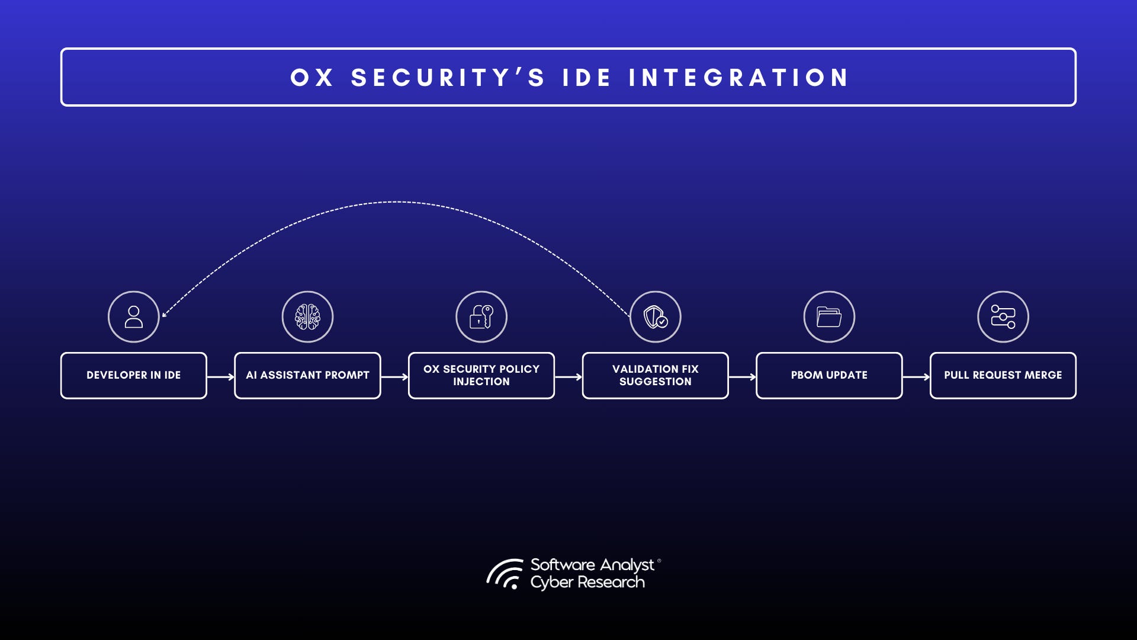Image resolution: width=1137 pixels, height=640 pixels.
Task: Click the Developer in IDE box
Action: click(x=133, y=376)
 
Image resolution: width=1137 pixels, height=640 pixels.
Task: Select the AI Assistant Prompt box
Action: click(x=307, y=376)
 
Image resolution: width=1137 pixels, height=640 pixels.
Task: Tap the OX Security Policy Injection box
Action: click(x=481, y=376)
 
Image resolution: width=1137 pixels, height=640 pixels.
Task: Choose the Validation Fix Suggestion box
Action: click(x=655, y=376)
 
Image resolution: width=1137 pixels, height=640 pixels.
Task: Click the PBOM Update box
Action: click(x=828, y=376)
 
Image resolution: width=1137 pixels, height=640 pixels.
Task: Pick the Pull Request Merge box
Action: click(x=1003, y=376)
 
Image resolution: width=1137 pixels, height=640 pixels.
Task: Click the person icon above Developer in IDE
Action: click(x=134, y=317)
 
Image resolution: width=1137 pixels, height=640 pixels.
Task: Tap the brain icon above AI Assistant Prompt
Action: click(x=307, y=317)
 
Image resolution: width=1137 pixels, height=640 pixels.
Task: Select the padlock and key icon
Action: click(x=481, y=317)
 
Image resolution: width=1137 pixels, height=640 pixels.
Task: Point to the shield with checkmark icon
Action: click(x=656, y=317)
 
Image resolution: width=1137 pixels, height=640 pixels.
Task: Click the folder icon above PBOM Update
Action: click(x=829, y=317)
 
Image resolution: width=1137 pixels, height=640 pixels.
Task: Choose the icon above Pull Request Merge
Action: click(x=1003, y=317)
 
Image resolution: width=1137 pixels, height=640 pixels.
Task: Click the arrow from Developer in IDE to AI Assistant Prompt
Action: click(x=221, y=377)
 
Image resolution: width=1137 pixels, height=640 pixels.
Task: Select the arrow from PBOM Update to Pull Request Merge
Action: click(x=916, y=377)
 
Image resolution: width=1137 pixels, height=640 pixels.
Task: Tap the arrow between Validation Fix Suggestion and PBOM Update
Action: click(x=742, y=377)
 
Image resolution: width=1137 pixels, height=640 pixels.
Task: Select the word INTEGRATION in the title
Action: click(x=738, y=78)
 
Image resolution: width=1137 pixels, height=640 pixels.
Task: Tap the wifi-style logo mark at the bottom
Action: click(x=505, y=574)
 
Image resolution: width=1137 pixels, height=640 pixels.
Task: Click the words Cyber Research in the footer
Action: click(x=587, y=583)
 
